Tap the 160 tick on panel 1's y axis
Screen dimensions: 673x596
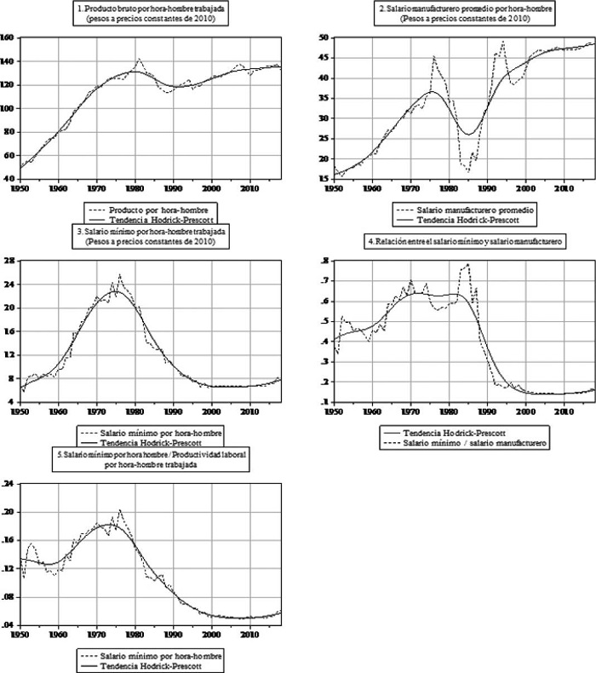pyautogui.click(x=8, y=38)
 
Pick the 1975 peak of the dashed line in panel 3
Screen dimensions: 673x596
pyautogui.click(x=119, y=274)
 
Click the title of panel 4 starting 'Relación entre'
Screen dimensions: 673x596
pyautogui.click(x=467, y=243)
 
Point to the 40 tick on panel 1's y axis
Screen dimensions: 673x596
pyautogui.click(x=9, y=179)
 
